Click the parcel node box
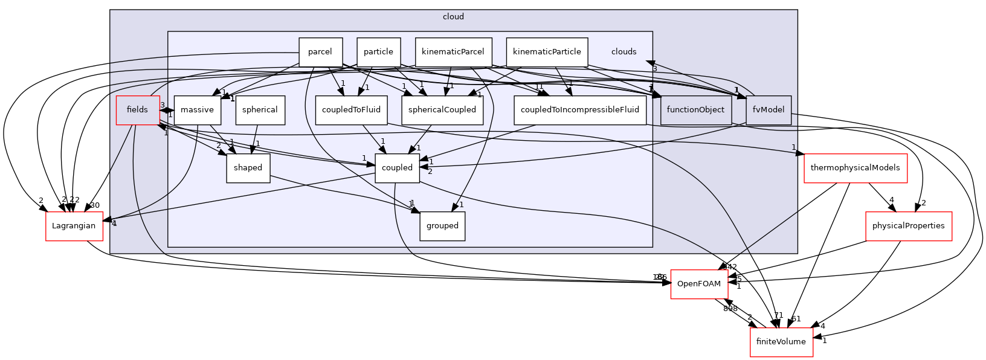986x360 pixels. coord(320,52)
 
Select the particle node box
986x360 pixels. coord(378,52)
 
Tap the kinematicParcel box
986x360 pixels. coord(453,52)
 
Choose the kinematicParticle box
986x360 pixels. coord(547,52)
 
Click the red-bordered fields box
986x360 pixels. coord(138,110)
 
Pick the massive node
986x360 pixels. coord(197,110)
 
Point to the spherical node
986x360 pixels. coord(260,110)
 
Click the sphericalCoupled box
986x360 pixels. coord(442,110)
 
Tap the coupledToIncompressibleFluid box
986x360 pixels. coord(580,110)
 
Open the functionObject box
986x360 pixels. coord(696,110)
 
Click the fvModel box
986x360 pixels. coord(768,110)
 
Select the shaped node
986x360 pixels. coord(248,168)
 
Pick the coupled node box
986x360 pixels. coord(397,168)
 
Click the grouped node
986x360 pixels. coord(442,226)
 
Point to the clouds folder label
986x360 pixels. coord(623,52)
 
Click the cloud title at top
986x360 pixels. coord(453,17)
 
